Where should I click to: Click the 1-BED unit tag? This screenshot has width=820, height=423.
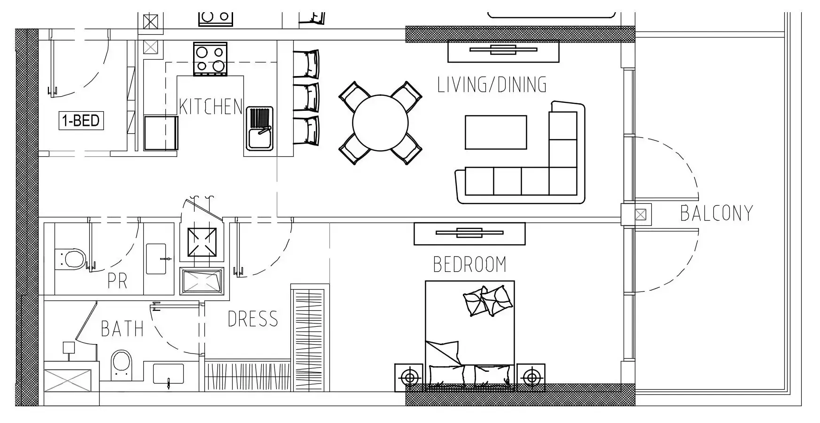pos(81,121)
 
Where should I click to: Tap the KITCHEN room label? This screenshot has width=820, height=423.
pos(211,107)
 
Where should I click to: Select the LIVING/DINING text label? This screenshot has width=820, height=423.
pos(492,85)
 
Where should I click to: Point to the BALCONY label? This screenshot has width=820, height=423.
pos(716,213)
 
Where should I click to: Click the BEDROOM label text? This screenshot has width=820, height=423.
pos(469,264)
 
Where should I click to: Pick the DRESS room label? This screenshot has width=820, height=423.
pos(253,319)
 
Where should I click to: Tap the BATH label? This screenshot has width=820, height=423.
pos(122,329)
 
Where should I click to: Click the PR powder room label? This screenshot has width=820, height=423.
pos(117,281)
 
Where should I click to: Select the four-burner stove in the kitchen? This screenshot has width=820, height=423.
pos(210,59)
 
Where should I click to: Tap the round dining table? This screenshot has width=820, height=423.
pos(380,123)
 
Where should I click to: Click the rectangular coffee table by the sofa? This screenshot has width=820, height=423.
pos(496,132)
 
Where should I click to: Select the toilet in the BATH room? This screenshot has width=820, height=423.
pos(122,365)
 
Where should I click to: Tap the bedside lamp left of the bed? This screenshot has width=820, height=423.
pos(410,377)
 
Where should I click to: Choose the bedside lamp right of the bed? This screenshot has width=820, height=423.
pos(531,377)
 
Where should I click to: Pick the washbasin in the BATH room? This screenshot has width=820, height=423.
pos(168,374)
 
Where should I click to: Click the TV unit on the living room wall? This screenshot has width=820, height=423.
pos(503,51)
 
